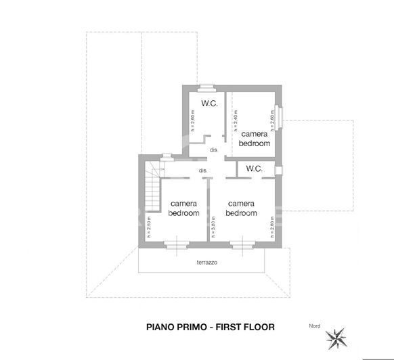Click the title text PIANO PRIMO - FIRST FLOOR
point(211,327)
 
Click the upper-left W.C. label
point(209,104)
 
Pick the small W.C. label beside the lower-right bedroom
point(254,168)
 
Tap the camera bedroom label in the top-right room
point(255,139)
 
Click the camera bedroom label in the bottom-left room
point(183,208)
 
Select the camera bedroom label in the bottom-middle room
point(242,208)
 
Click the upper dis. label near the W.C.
point(213,150)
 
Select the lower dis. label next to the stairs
point(202,171)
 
